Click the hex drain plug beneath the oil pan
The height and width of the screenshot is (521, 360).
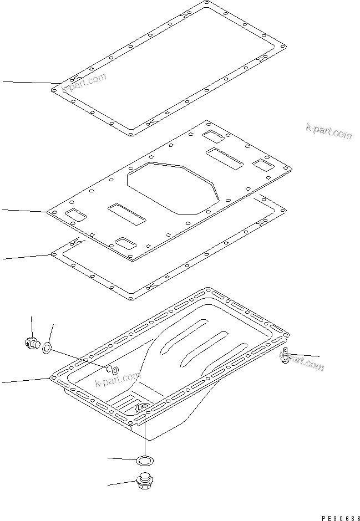tap(146, 481)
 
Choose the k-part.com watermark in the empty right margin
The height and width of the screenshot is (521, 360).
tap(328, 131)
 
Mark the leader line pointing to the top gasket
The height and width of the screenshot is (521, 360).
tap(28, 83)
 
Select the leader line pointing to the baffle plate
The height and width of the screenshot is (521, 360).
tap(25, 211)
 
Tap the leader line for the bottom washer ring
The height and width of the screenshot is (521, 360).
tap(122, 459)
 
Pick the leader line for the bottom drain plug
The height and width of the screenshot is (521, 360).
tap(122, 483)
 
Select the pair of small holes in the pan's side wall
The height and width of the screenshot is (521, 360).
tap(111, 370)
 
